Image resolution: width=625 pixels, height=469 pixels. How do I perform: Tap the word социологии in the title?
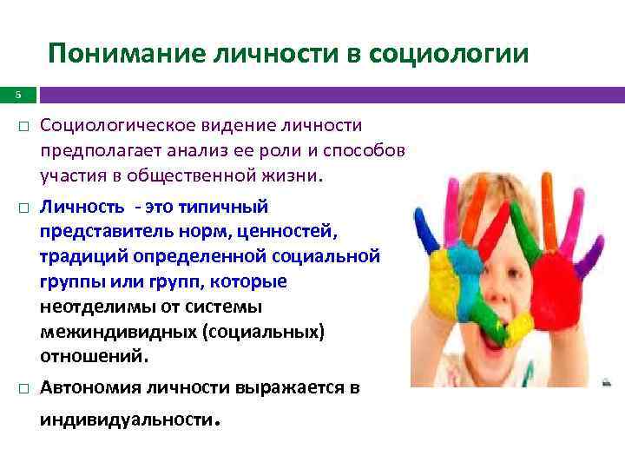448,55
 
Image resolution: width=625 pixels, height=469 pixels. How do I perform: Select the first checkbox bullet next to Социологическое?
23,128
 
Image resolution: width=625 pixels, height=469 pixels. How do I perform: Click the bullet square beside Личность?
23,208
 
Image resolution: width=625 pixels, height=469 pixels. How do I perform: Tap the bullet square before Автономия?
23,388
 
